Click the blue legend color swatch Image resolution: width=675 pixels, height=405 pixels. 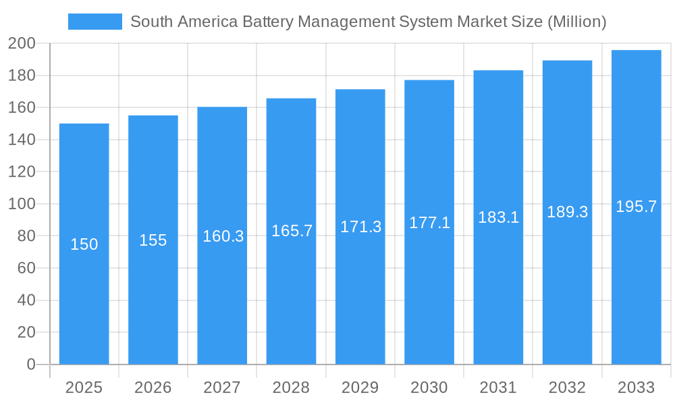95,22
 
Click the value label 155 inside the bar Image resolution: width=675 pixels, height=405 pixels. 153,240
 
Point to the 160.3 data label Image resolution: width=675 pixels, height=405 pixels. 223,236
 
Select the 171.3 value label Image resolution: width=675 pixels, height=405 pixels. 360,227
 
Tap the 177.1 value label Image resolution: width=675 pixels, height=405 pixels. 429,223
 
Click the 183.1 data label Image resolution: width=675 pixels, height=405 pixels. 498,217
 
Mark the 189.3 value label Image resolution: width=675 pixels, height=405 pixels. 567,212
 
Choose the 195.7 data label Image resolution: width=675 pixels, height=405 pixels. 636,207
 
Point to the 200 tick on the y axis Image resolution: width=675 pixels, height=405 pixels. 22,44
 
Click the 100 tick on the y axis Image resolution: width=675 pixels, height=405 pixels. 22,204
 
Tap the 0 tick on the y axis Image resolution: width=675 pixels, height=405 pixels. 30,364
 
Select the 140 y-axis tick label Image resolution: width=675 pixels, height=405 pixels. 22,140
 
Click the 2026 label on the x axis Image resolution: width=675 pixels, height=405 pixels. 153,387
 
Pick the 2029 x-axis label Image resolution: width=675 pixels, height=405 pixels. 360,387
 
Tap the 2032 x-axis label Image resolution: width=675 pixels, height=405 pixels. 567,387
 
